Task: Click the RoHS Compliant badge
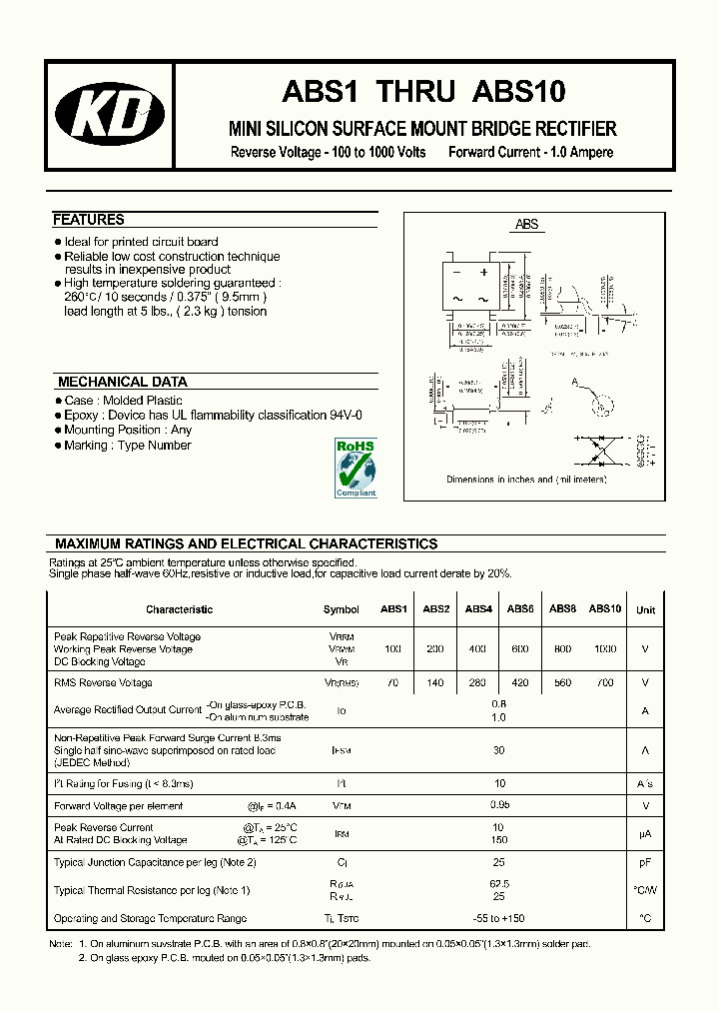point(355,467)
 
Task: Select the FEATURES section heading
point(89,220)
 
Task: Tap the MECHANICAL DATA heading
point(122,382)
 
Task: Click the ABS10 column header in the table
point(605,608)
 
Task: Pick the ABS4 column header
point(478,608)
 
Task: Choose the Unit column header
point(646,609)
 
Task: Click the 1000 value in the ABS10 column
point(605,649)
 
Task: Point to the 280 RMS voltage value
point(478,683)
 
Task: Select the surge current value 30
point(499,750)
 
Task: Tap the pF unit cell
point(646,862)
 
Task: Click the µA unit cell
point(646,834)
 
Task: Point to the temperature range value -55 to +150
point(499,918)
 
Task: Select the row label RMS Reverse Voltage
point(103,683)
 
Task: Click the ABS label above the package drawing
point(526,225)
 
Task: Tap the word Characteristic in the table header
point(179,609)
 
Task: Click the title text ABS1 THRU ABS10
point(423,92)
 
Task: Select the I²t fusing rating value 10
point(499,784)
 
